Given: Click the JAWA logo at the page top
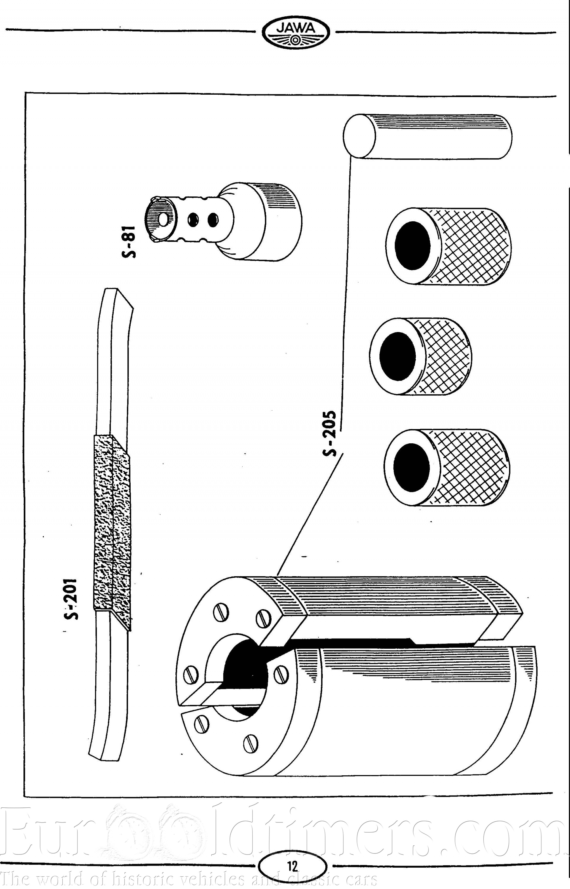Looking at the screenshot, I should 295,33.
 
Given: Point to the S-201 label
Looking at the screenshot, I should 70,599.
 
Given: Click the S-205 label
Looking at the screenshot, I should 330,433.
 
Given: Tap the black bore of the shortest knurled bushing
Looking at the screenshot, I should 398,356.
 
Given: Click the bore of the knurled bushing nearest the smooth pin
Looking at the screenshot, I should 413,246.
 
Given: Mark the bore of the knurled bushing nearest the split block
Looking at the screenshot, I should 411,468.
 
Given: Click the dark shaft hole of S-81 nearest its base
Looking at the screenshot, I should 213,220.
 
